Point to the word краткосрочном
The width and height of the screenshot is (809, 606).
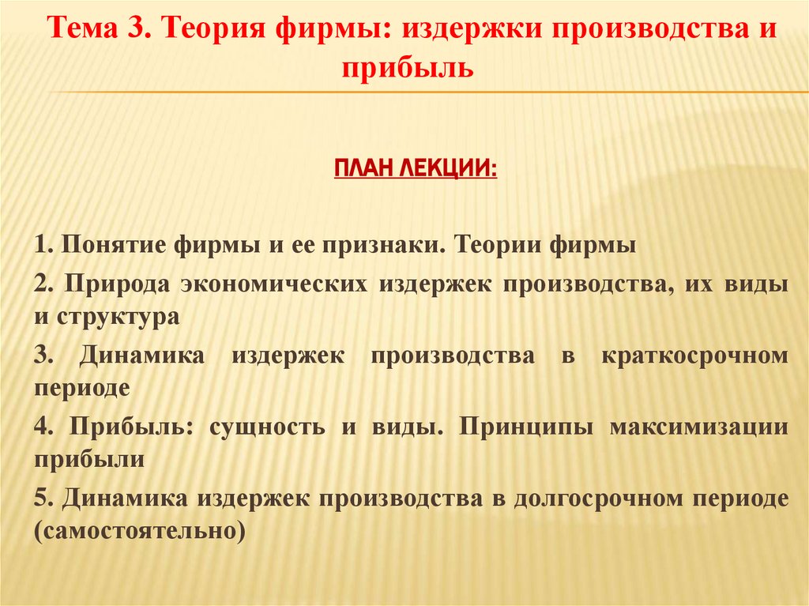click(x=695, y=356)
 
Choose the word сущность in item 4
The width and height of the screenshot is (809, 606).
click(x=266, y=427)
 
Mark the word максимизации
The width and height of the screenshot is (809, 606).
click(x=699, y=427)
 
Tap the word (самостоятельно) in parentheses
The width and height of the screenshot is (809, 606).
click(x=136, y=530)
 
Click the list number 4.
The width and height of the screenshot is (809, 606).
click(x=41, y=427)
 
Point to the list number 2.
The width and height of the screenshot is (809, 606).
click(x=41, y=284)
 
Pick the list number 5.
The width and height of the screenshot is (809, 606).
click(x=41, y=498)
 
